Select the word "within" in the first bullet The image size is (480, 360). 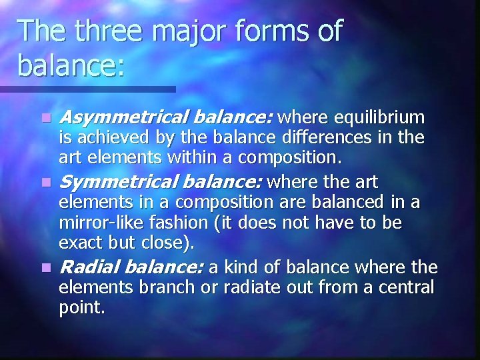pyautogui.click(x=193, y=158)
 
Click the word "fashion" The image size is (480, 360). pyautogui.click(x=169, y=223)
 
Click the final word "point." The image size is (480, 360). pyautogui.click(x=82, y=308)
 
